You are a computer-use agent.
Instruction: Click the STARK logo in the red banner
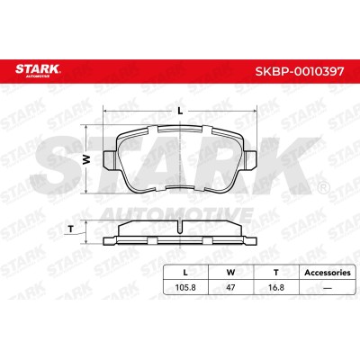(x=38, y=70)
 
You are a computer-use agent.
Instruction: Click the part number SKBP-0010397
(x=299, y=71)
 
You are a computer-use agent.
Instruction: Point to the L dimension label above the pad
(x=180, y=111)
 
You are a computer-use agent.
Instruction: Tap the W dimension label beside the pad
(x=86, y=159)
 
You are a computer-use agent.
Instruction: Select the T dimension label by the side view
(x=71, y=229)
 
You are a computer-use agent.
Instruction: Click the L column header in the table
(x=185, y=273)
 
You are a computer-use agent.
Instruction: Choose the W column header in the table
(x=230, y=273)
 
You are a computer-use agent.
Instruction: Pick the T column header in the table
(x=276, y=273)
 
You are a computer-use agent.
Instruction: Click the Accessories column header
(x=328, y=273)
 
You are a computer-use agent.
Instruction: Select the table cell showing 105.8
(x=185, y=287)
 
